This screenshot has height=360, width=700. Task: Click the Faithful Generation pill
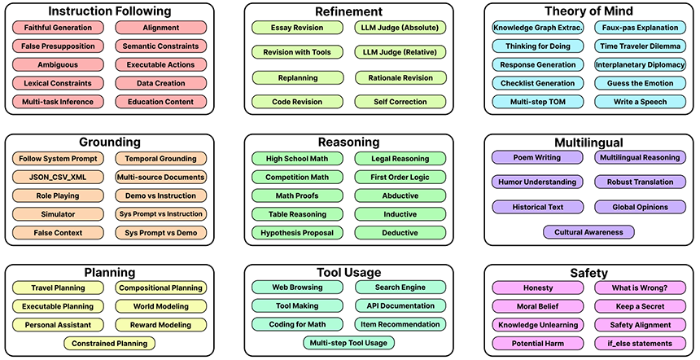coord(58,28)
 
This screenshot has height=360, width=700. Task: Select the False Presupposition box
coord(58,46)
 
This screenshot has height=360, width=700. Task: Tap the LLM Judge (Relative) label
coord(400,52)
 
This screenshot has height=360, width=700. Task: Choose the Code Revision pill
coord(297,102)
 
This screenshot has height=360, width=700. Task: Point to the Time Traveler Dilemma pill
coord(641,46)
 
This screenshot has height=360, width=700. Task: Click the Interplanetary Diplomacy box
coord(641,65)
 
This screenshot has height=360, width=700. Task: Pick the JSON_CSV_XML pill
coord(58,178)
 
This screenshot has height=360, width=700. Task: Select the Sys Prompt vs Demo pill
coord(161,233)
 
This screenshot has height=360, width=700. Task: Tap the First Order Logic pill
coord(400,178)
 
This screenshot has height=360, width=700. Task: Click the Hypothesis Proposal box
coord(297,233)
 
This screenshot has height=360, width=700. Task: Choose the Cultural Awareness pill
coord(588,232)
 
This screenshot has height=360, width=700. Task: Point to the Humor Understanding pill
coord(537,182)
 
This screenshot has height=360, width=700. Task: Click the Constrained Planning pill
coord(110,344)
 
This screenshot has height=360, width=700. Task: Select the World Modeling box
coord(161,306)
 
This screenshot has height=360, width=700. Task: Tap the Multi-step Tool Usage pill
coord(348,343)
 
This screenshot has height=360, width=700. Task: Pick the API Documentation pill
coord(400,306)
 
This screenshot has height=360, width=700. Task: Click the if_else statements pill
coord(641,344)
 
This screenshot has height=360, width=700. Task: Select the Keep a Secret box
coord(641,306)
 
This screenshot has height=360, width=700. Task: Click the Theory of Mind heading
coord(588,11)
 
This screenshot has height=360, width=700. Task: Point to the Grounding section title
coord(110,142)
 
